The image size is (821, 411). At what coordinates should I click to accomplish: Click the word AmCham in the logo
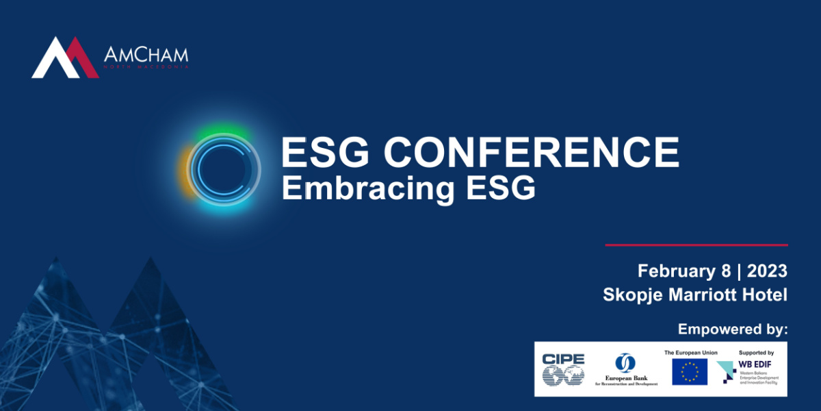coord(145,55)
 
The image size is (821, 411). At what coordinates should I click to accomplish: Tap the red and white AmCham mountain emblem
coord(65,58)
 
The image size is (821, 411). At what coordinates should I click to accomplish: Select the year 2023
coord(767,271)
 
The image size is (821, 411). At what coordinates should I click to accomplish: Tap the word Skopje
coord(630,295)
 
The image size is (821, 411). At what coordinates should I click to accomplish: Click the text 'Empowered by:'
coord(733,329)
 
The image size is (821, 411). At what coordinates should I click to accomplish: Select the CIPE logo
coord(564,369)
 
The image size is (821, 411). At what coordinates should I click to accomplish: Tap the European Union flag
coord(690,372)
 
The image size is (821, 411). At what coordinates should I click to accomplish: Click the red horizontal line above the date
coord(696,245)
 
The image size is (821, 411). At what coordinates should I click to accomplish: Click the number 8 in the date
coord(726,271)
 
